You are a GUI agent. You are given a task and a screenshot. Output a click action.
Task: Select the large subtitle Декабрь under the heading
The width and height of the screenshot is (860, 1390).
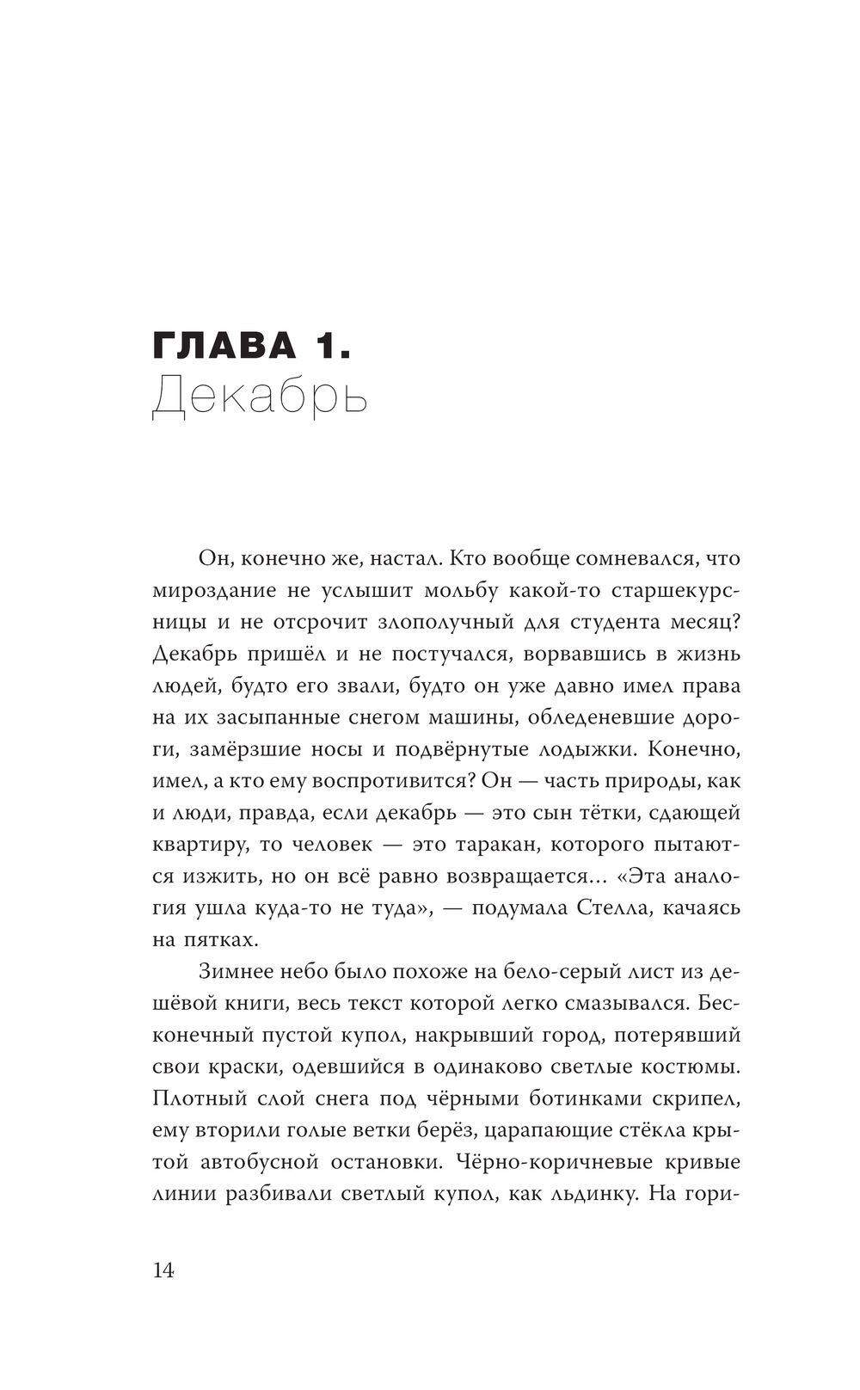(260, 397)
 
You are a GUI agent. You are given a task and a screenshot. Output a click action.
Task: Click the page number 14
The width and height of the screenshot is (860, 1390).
(163, 1270)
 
